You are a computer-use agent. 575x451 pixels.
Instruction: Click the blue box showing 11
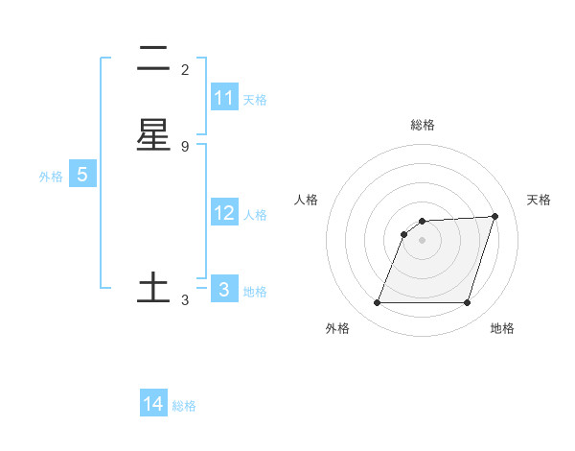coord(224,98)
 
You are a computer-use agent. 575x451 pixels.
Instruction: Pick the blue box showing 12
coord(224,213)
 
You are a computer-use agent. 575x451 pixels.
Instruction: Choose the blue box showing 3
coord(224,289)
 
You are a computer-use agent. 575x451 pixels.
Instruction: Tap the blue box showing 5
coord(82,175)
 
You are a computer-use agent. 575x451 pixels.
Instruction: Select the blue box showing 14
coord(153,404)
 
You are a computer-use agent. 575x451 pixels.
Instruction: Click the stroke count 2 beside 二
coord(185,70)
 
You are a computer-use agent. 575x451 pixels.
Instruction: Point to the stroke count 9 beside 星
coord(185,146)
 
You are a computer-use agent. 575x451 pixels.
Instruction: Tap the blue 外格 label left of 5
coord(51,177)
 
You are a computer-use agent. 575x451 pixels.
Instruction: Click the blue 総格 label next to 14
coord(184,406)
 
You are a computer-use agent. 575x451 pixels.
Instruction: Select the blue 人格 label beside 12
coord(255,215)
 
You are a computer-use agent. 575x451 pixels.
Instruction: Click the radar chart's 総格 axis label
coord(423,125)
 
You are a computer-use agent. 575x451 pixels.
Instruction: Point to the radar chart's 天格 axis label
coord(539,200)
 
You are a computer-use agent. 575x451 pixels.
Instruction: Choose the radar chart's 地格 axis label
coord(502,328)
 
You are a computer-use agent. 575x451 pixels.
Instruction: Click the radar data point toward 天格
coord(495,216)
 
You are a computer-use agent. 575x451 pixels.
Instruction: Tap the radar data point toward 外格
coord(378,303)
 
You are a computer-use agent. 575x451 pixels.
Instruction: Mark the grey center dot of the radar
coord(423,240)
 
